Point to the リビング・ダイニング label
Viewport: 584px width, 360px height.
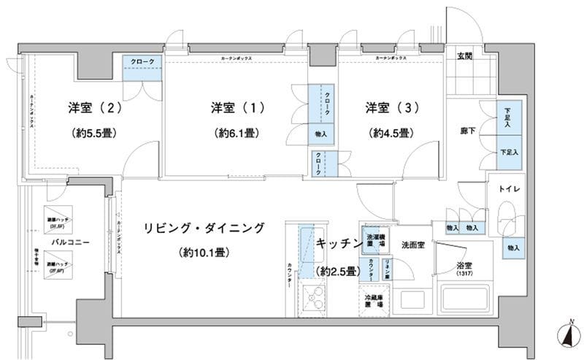(x=204, y=227)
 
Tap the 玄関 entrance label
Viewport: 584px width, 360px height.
(x=464, y=57)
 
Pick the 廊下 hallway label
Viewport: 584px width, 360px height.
(x=468, y=132)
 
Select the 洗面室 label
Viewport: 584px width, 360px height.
(x=413, y=245)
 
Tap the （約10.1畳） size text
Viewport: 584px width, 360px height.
(x=204, y=253)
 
